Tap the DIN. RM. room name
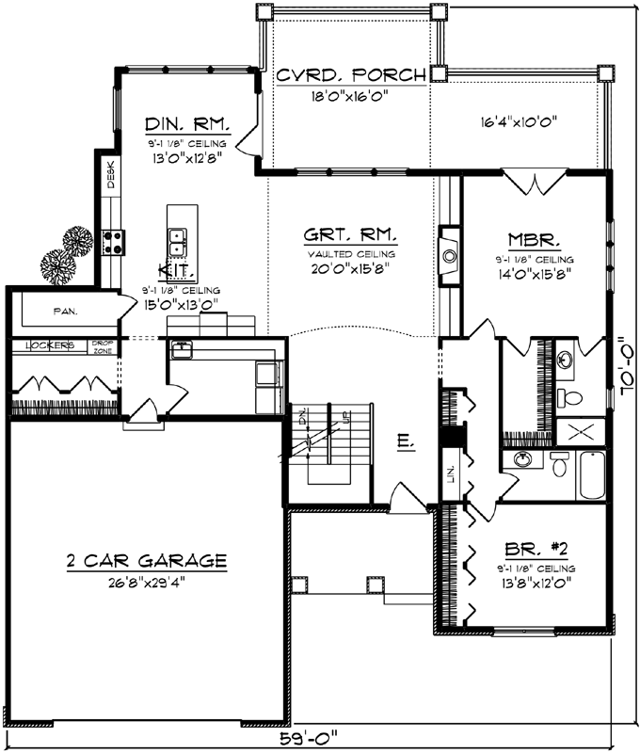(184, 123)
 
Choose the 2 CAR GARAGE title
(146, 561)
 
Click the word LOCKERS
(50, 345)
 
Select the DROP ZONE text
(102, 346)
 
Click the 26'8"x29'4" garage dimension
(146, 581)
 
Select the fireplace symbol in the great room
(449, 253)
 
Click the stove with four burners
(114, 242)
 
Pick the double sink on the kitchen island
(176, 242)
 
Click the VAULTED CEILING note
(349, 253)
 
